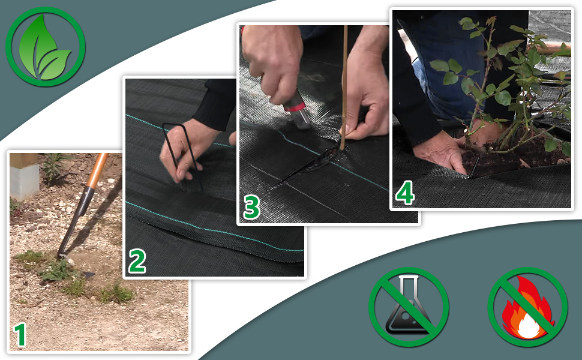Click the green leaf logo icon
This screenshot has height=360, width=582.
(46, 47)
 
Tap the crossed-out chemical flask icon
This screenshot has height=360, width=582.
(409, 307)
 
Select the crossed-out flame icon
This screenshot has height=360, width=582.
(527, 307)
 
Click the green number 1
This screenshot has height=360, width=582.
(20, 335)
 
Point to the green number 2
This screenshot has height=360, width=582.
(137, 261)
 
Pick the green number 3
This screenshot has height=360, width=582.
(251, 207)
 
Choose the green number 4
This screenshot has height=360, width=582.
(404, 193)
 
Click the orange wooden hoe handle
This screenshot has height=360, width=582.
(97, 170)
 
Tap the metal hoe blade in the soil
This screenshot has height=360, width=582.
(71, 226)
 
